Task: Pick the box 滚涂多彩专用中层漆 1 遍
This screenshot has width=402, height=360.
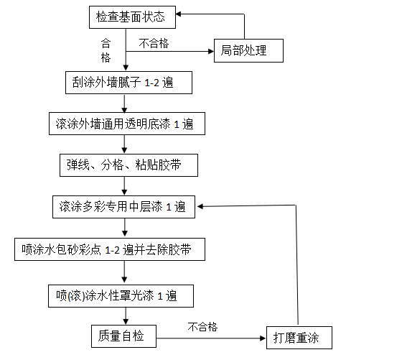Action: pyautogui.click(x=123, y=207)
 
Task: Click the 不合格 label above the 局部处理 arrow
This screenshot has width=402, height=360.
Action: pyautogui.click(x=154, y=43)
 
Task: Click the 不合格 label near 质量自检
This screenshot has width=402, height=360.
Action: pyautogui.click(x=203, y=327)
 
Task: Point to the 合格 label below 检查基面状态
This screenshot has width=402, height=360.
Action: pyautogui.click(x=106, y=50)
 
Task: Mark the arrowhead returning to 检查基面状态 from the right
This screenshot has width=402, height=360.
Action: pyautogui.click(x=184, y=14)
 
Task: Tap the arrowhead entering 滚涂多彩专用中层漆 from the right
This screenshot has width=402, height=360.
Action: pyautogui.click(x=203, y=206)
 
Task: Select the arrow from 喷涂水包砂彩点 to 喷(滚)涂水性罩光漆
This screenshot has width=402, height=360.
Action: pyautogui.click(x=126, y=272)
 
